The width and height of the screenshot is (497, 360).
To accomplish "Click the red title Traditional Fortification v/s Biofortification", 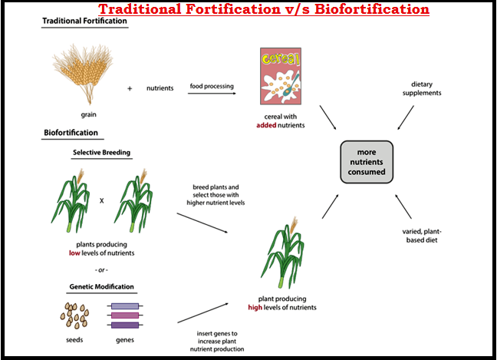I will (x=264, y=9).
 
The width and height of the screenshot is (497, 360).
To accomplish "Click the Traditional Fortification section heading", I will (x=84, y=21).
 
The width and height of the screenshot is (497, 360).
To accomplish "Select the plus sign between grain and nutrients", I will (x=130, y=88).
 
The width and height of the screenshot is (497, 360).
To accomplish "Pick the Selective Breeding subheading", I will (x=101, y=152).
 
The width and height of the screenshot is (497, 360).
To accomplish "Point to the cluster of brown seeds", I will (x=74, y=314).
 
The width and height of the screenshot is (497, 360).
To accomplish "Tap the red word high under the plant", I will (x=256, y=308).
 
